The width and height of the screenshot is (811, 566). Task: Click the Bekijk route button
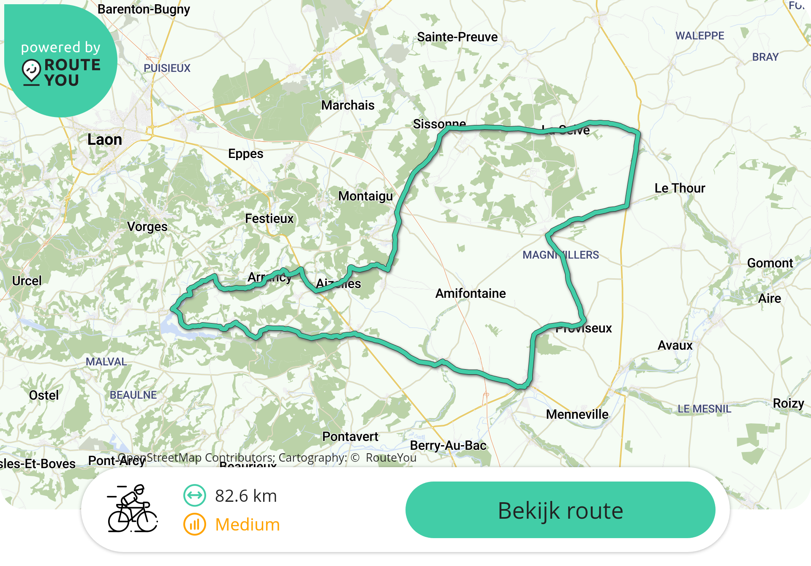pyautogui.click(x=560, y=510)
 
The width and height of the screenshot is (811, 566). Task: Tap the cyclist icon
pyautogui.click(x=132, y=509)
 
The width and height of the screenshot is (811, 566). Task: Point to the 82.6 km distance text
pyautogui.click(x=246, y=496)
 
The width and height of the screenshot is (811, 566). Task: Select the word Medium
pyautogui.click(x=248, y=525)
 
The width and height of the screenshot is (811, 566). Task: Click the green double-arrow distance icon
pyautogui.click(x=195, y=495)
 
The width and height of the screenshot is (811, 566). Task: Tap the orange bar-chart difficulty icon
pyautogui.click(x=195, y=525)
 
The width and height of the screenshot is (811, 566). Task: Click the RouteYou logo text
pyautogui.click(x=72, y=72)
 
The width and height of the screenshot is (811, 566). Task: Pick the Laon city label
pyautogui.click(x=104, y=140)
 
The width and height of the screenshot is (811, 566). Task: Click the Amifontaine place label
pyautogui.click(x=471, y=293)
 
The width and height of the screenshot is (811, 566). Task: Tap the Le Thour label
pyautogui.click(x=680, y=188)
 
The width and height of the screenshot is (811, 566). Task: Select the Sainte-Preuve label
pyautogui.click(x=457, y=37)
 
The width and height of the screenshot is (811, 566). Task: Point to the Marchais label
pyautogui.click(x=348, y=105)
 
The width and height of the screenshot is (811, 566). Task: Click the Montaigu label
pyautogui.click(x=365, y=196)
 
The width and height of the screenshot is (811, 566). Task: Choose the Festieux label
pyautogui.click(x=269, y=218)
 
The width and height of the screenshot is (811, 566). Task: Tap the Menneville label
pyautogui.click(x=577, y=414)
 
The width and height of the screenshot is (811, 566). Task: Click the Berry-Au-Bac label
pyautogui.click(x=448, y=446)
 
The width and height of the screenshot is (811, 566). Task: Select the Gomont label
pyautogui.click(x=770, y=263)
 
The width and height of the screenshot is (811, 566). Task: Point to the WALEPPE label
pyautogui.click(x=699, y=36)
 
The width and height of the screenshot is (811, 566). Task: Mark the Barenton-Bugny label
pyautogui.click(x=144, y=9)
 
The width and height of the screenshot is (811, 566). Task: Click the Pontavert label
pyautogui.click(x=350, y=437)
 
